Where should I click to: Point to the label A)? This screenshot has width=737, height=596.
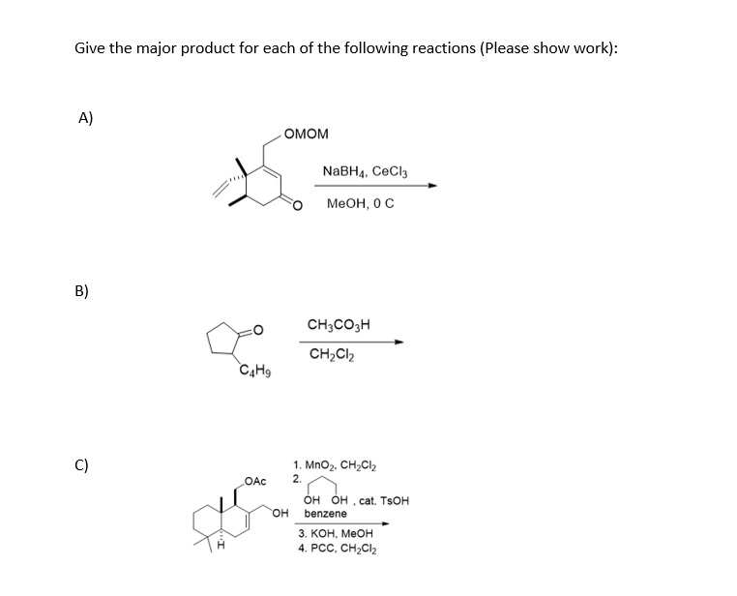click(86, 118)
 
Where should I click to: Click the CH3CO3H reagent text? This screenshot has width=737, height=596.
click(339, 325)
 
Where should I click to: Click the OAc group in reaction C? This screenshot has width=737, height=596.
click(256, 481)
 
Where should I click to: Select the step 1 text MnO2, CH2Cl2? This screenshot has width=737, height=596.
click(338, 465)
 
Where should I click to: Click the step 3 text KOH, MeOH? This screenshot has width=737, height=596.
click(335, 533)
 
